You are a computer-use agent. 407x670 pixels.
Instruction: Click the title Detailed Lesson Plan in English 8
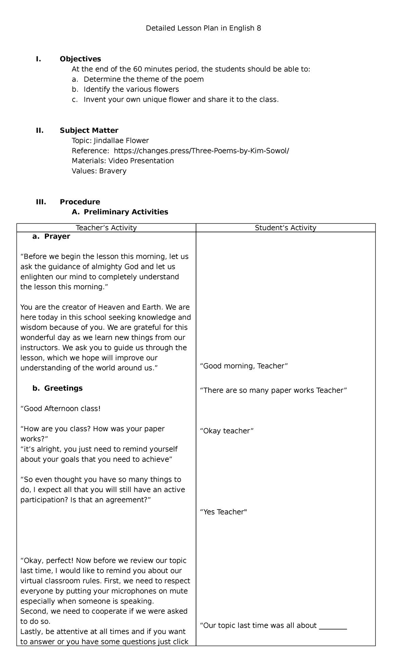point(203,28)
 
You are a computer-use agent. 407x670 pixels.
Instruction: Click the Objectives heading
point(80,59)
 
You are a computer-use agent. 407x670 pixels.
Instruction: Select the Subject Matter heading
point(89,131)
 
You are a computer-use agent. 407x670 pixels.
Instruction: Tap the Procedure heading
point(80,202)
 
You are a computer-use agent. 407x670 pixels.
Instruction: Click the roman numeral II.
point(40,131)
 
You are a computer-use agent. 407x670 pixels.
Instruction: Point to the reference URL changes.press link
point(201,151)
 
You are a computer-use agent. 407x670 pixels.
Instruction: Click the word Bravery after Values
point(113,171)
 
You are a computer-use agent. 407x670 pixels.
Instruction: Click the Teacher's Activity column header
point(106,228)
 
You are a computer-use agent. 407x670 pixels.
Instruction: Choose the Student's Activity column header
point(286,228)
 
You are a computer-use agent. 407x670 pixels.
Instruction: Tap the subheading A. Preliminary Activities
point(120,212)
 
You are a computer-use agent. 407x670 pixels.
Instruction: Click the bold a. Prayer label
point(51,236)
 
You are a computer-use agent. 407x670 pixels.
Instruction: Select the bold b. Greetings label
point(57,388)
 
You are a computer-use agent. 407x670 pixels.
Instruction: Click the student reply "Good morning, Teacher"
point(244,366)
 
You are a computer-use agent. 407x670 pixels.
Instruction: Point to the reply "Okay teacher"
point(227,431)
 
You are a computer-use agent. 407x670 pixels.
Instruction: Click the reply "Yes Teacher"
point(224,512)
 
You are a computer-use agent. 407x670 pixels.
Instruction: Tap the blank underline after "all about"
point(333,626)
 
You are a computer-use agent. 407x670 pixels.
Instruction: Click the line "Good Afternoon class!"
point(61,409)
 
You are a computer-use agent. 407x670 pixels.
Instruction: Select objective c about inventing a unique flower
point(181,100)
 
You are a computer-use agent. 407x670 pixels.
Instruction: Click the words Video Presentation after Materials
point(141,161)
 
